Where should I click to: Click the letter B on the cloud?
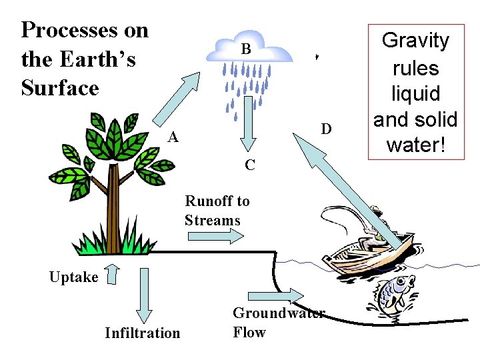246,49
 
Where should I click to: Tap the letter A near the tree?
173,137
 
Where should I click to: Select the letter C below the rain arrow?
249,165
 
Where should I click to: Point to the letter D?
326,128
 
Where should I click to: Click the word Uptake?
73,277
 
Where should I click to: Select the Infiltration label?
142,333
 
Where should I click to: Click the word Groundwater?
279,313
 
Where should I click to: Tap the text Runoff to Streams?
217,211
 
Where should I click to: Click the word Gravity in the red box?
415,41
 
